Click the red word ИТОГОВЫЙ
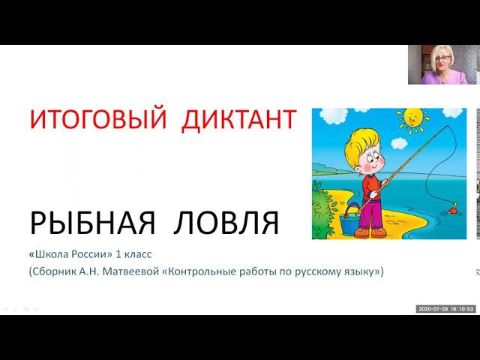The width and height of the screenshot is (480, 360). tap(98, 120)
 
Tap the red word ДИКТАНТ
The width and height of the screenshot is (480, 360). tap(238, 120)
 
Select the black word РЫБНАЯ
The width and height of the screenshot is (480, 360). tap(93, 223)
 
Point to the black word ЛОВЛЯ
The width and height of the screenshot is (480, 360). tap(226, 223)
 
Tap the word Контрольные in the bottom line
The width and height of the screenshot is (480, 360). tap(202, 271)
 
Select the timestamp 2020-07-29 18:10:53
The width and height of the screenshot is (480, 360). tap(446, 309)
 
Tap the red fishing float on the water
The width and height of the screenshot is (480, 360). tap(452, 210)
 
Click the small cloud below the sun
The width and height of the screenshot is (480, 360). tap(399, 143)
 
